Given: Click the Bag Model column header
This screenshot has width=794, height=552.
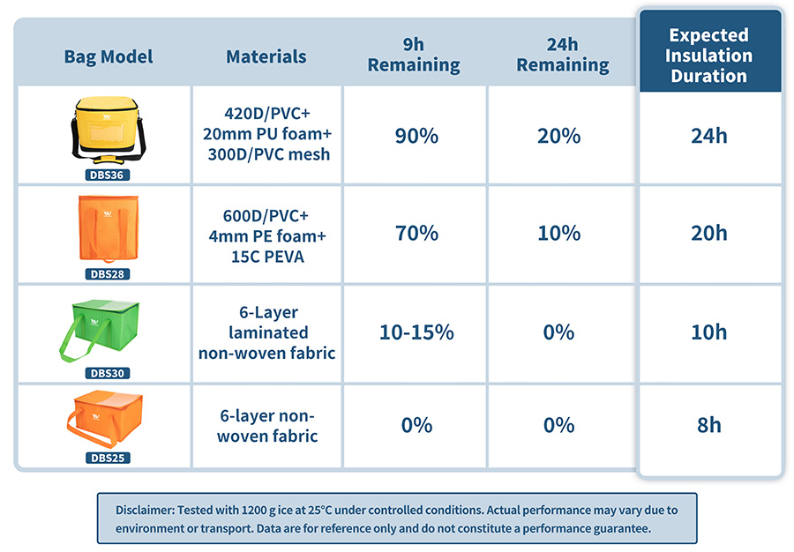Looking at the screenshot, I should coord(108,56).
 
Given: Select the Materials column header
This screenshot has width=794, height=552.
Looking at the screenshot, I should coord(266,56).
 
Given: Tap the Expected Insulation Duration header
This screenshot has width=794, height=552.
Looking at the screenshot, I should coord(709,56).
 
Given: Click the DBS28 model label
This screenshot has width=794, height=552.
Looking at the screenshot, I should coord(109,273).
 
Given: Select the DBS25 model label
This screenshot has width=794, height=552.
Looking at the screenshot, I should coord(109,458).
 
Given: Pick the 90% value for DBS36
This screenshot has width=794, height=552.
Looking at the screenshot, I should coord(415,136).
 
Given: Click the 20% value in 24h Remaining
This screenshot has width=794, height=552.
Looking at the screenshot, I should coord(559,136).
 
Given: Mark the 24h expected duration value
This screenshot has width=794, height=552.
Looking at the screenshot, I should coord(709,136).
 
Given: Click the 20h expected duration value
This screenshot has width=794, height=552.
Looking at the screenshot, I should coord(709,233).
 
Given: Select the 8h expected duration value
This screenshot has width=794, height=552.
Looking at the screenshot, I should coord(709,425).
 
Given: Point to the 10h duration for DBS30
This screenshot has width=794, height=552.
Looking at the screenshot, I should coord(709,332).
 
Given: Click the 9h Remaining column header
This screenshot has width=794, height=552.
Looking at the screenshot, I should coord(414,56).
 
